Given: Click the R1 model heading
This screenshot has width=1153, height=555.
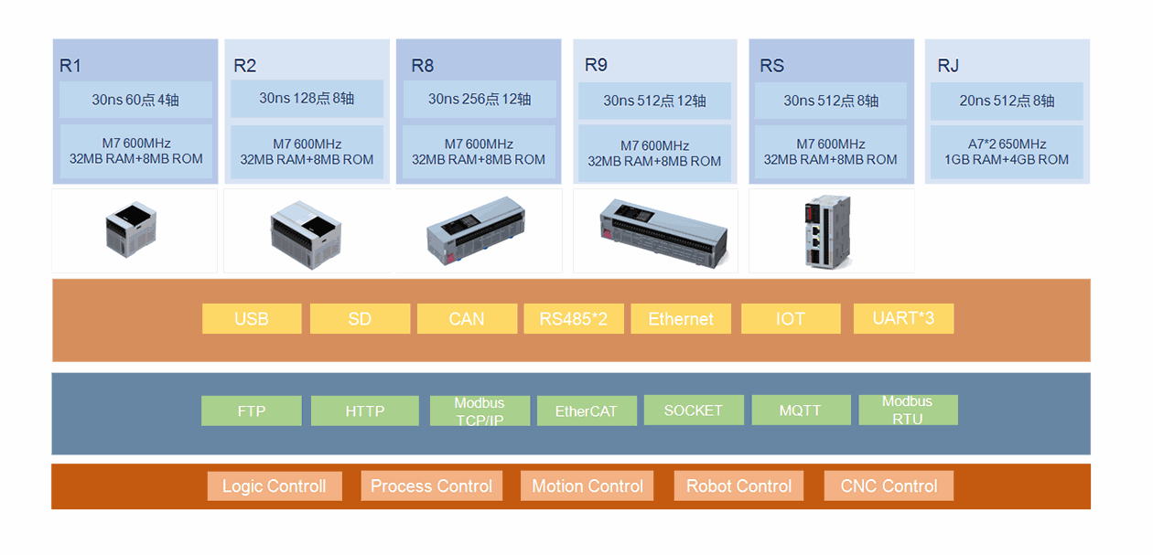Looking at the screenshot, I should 70,66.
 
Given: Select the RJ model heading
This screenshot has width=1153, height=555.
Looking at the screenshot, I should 948,66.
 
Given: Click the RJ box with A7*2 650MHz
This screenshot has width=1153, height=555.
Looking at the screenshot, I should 1007,152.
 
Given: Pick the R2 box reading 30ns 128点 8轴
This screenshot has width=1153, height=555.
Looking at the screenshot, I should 307,99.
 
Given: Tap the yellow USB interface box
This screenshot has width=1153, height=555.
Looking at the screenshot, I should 252,318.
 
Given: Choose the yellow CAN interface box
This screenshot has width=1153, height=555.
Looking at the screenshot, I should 467,318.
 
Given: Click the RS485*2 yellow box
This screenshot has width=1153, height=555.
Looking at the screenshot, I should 574,318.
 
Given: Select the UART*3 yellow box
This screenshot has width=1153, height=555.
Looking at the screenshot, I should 903,318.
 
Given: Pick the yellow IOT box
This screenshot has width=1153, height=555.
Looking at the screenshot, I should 791,318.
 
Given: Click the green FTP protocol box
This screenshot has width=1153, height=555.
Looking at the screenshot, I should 252,411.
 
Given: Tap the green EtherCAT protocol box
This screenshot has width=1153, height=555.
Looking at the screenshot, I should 586,411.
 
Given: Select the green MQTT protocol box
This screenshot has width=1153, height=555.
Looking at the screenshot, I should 801,410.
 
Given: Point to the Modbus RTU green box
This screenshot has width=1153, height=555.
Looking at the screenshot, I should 908,410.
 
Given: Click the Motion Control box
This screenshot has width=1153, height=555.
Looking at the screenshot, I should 587,486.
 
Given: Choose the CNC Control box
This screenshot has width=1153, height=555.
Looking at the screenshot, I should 889,486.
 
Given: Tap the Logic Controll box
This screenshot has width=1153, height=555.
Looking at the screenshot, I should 275,486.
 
